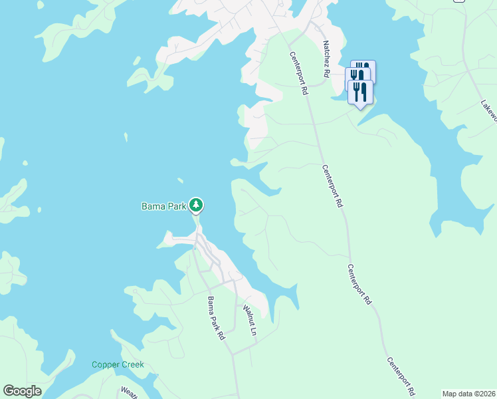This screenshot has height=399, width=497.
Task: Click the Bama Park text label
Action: [x=163, y=206]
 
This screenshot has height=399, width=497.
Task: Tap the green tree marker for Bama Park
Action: [x=196, y=205]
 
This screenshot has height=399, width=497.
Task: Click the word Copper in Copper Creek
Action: [x=105, y=365]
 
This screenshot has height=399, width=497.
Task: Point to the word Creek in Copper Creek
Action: [x=132, y=365]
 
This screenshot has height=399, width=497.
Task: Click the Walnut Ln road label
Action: [x=248, y=319]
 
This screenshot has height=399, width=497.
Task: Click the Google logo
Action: [x=22, y=391]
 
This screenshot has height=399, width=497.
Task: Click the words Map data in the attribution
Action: [x=456, y=394]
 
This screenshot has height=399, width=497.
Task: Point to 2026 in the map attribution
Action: [x=484, y=394]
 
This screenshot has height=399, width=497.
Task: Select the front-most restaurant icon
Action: [x=360, y=91]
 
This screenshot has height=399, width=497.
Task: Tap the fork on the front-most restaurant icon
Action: [x=356, y=90]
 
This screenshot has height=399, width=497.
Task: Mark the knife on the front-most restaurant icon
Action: [x=364, y=90]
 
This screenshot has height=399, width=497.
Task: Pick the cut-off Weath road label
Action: [x=128, y=392]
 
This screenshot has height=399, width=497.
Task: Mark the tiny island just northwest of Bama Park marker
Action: [x=179, y=179]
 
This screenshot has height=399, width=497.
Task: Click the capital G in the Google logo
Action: [x=9, y=390]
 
